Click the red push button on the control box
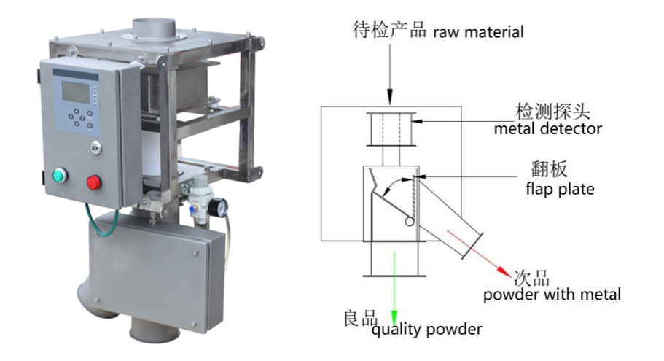click(x=94, y=182)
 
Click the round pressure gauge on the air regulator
click(x=216, y=209)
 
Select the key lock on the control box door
click(x=95, y=147)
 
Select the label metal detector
click(x=548, y=130)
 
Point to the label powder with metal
click(x=552, y=295)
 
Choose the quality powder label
click(x=426, y=330)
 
